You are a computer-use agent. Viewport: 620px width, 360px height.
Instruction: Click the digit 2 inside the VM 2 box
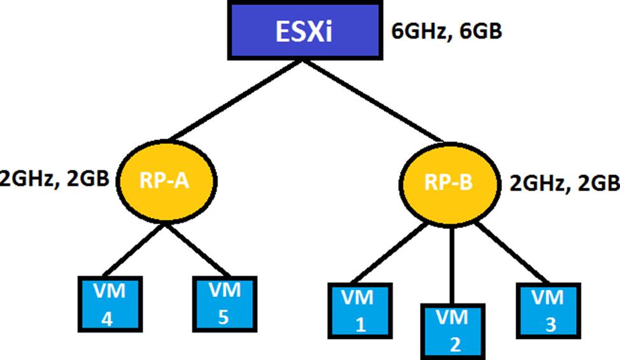(x=454, y=345)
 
